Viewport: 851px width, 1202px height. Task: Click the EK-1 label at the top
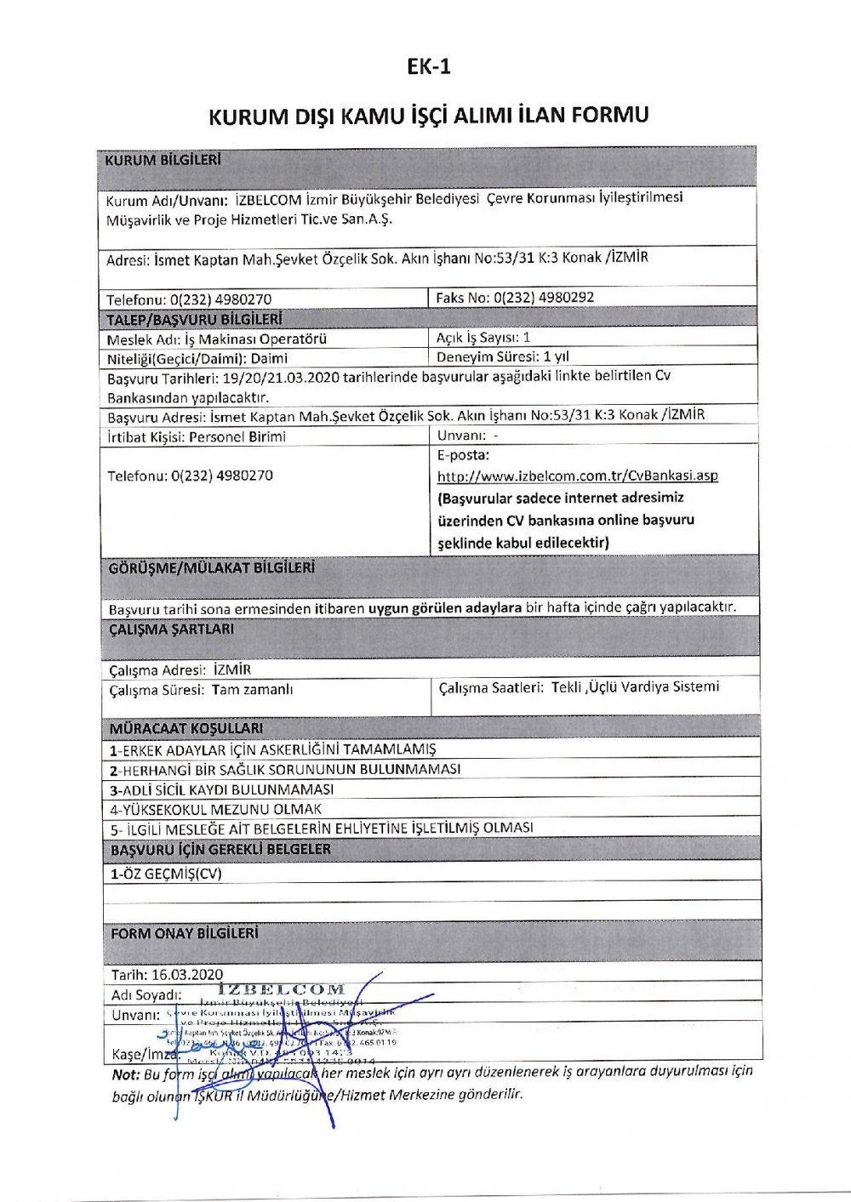[x=428, y=67]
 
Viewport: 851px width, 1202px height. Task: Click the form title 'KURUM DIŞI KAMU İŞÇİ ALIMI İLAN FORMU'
[x=428, y=115]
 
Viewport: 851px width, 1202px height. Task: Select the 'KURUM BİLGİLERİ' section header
[x=163, y=160]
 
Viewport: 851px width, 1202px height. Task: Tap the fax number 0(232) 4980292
[x=544, y=297]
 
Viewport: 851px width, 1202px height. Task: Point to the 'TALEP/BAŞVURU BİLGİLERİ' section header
[x=194, y=319]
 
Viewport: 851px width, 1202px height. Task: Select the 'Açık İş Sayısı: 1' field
[x=483, y=337]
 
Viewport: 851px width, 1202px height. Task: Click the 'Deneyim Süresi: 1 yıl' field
[x=503, y=356]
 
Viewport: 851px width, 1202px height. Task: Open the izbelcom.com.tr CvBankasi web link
[x=577, y=476]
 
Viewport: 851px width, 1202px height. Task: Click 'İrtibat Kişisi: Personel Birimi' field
[x=197, y=436]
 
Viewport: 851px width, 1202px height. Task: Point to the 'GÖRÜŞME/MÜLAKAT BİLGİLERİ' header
[x=212, y=567]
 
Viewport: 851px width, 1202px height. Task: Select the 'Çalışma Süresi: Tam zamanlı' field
[x=201, y=690]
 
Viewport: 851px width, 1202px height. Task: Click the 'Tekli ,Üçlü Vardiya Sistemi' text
[x=635, y=686]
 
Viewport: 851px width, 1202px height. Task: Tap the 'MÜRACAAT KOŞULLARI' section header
[x=186, y=728]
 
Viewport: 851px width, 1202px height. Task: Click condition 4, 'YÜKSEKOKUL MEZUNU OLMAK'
[x=216, y=809]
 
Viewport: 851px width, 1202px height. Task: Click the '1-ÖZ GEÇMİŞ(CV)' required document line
[x=166, y=874]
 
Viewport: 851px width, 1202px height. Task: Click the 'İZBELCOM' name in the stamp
[x=282, y=989]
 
